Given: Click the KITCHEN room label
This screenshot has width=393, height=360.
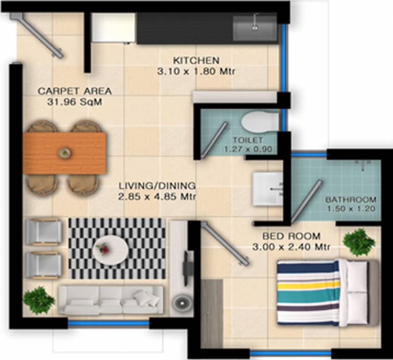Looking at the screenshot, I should (196, 60).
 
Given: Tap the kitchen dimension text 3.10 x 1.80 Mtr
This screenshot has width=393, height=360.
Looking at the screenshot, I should (196, 72).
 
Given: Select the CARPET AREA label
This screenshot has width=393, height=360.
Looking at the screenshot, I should (75, 91).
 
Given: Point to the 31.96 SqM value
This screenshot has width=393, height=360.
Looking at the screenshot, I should (75, 102).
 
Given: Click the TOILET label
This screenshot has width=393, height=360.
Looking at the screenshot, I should (248, 140).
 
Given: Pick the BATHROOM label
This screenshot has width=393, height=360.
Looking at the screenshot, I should (351, 199).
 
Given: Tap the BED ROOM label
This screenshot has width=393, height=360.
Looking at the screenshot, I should (291, 236).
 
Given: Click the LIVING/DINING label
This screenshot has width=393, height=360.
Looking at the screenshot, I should (156, 185).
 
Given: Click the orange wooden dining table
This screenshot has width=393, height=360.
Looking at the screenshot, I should (65, 153).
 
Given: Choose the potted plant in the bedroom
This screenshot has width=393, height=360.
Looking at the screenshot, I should (359, 242).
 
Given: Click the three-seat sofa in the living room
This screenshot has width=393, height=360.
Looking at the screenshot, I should (111, 300).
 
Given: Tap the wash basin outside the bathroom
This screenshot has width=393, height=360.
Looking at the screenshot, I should (268, 188).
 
